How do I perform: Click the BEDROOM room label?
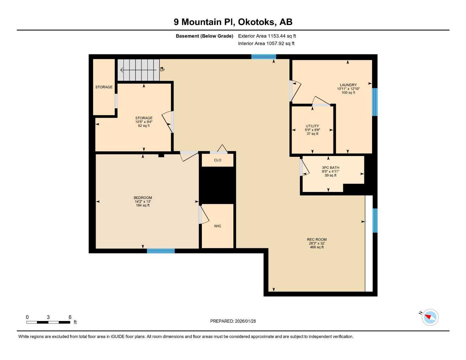143,198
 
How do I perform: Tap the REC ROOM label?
317,239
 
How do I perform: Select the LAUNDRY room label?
348,85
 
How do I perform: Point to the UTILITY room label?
312,126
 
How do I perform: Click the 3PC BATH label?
330,168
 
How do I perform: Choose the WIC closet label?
218,226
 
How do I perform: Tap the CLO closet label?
218,160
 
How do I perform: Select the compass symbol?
429,317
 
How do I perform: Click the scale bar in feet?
48,322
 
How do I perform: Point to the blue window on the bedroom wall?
161,251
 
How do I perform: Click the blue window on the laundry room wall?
375,102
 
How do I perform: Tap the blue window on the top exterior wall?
263,56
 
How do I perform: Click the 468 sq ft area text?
317,247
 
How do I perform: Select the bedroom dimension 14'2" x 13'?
143,201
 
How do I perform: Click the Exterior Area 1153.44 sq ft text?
267,36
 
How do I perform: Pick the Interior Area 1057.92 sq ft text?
266,44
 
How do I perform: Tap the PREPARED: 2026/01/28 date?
233,321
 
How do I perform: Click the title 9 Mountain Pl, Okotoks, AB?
233,22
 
